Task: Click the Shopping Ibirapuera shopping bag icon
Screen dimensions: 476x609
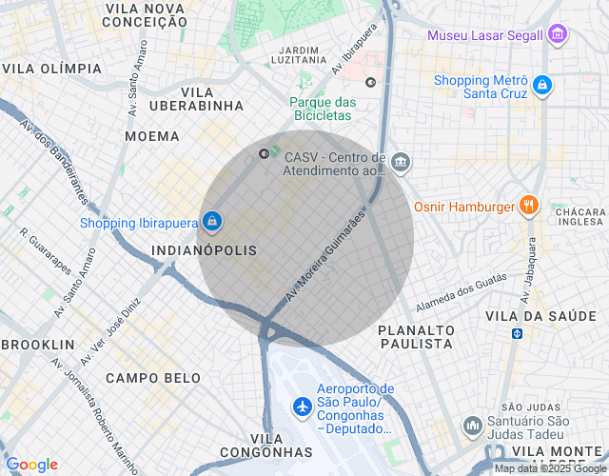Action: tap(211, 223)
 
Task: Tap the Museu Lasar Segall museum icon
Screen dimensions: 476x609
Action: tap(559, 36)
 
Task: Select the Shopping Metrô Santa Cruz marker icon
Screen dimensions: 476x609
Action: tap(541, 86)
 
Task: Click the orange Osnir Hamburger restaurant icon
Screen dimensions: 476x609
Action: tap(529, 206)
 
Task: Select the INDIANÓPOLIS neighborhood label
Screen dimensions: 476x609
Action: tap(205, 250)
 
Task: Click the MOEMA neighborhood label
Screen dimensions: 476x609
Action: tap(152, 137)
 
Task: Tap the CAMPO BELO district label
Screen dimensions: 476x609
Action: tap(153, 378)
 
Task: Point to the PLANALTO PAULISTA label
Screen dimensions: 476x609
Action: tap(416, 336)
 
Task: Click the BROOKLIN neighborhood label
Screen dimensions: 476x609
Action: tap(38, 344)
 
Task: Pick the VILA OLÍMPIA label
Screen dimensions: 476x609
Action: tap(52, 69)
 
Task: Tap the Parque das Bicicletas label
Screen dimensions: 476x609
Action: tap(323, 109)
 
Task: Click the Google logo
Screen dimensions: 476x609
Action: tap(31, 465)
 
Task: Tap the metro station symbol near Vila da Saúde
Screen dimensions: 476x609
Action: tap(517, 334)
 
